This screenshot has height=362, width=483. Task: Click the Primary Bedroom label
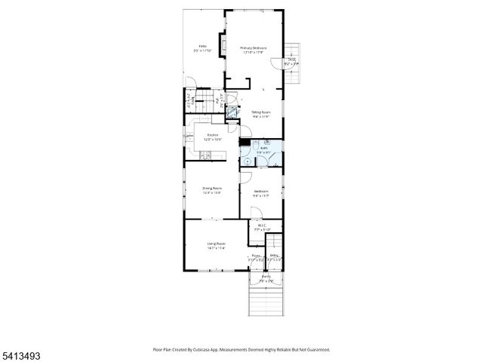254,48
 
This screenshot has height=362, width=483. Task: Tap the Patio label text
202,47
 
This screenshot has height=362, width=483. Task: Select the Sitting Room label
260,112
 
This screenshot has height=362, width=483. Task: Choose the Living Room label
216,244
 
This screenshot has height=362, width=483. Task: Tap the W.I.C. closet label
262,225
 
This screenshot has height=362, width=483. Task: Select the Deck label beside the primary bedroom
291,60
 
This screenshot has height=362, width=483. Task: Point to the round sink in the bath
247,160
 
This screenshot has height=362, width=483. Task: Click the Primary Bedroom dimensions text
254,53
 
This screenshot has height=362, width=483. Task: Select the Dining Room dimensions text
211,193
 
